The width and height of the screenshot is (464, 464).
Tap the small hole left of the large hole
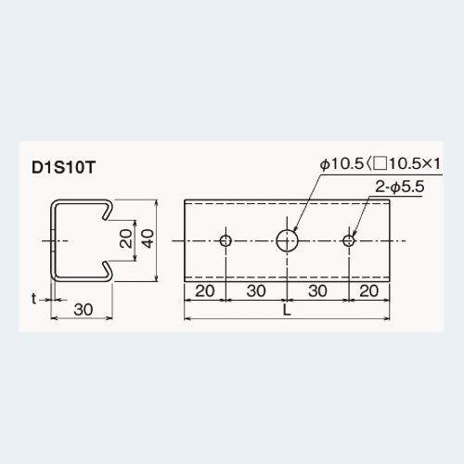pyautogui.click(x=226, y=240)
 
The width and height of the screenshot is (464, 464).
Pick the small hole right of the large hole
pyautogui.click(x=349, y=240)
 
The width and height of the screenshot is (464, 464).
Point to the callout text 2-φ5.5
pyautogui.click(x=399, y=187)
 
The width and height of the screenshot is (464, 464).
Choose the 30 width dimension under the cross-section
pyautogui.click(x=84, y=310)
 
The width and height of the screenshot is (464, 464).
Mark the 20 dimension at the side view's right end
pyautogui.click(x=367, y=291)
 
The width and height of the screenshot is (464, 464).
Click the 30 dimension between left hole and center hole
pyautogui.click(x=256, y=291)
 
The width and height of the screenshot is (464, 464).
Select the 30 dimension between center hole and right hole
pyautogui.click(x=317, y=291)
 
